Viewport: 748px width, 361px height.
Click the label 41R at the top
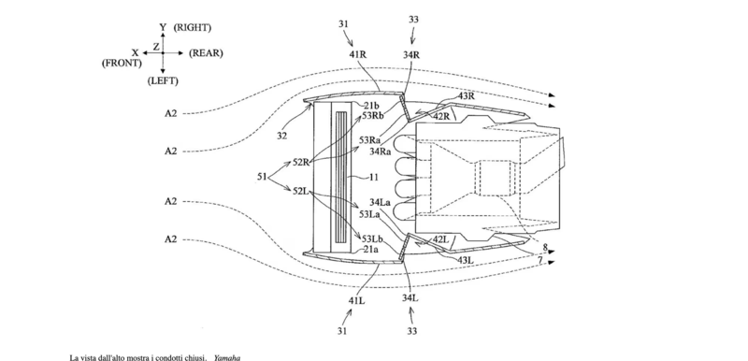357,54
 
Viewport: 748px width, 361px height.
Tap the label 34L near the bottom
410,298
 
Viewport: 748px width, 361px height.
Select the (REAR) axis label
206,53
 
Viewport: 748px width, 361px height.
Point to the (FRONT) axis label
122,63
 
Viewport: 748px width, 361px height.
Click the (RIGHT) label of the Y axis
192,28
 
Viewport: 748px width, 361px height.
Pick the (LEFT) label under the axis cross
163,81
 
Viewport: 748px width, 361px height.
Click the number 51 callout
262,177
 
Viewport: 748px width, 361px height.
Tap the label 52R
302,162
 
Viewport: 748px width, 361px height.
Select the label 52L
302,191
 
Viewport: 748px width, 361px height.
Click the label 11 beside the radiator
374,178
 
